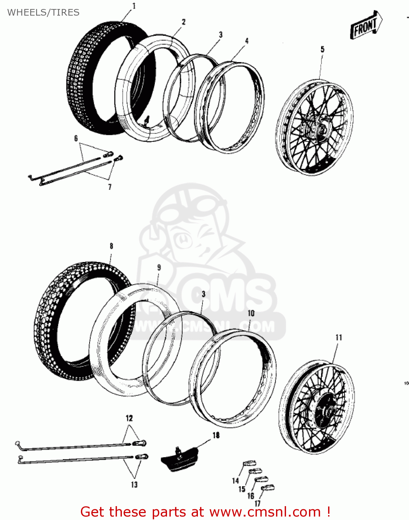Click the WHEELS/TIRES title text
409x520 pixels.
(x=43, y=12)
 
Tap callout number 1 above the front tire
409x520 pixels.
(x=134, y=6)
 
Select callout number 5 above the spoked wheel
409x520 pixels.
(x=322, y=49)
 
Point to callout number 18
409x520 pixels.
(x=216, y=435)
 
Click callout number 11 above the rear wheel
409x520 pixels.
(x=339, y=337)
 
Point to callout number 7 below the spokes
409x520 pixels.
(x=110, y=187)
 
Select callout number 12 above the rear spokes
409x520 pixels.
(x=129, y=418)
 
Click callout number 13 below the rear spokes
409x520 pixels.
(x=134, y=484)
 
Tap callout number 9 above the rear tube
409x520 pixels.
(x=159, y=267)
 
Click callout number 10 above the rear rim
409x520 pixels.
(x=251, y=313)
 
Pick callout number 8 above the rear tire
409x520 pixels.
(x=111, y=246)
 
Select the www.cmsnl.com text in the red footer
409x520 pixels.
(x=265, y=512)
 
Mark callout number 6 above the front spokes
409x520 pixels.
(x=76, y=138)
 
